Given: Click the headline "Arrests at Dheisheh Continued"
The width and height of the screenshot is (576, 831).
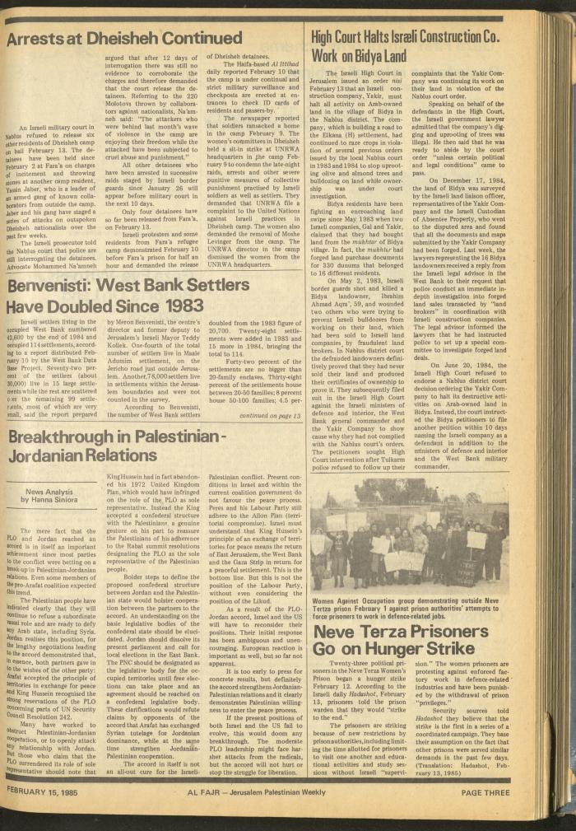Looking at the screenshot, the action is tap(124, 38).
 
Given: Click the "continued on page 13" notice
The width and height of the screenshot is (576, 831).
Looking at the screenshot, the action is tap(269, 416).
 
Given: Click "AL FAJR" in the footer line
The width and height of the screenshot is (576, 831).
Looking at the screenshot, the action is tap(203, 792).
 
